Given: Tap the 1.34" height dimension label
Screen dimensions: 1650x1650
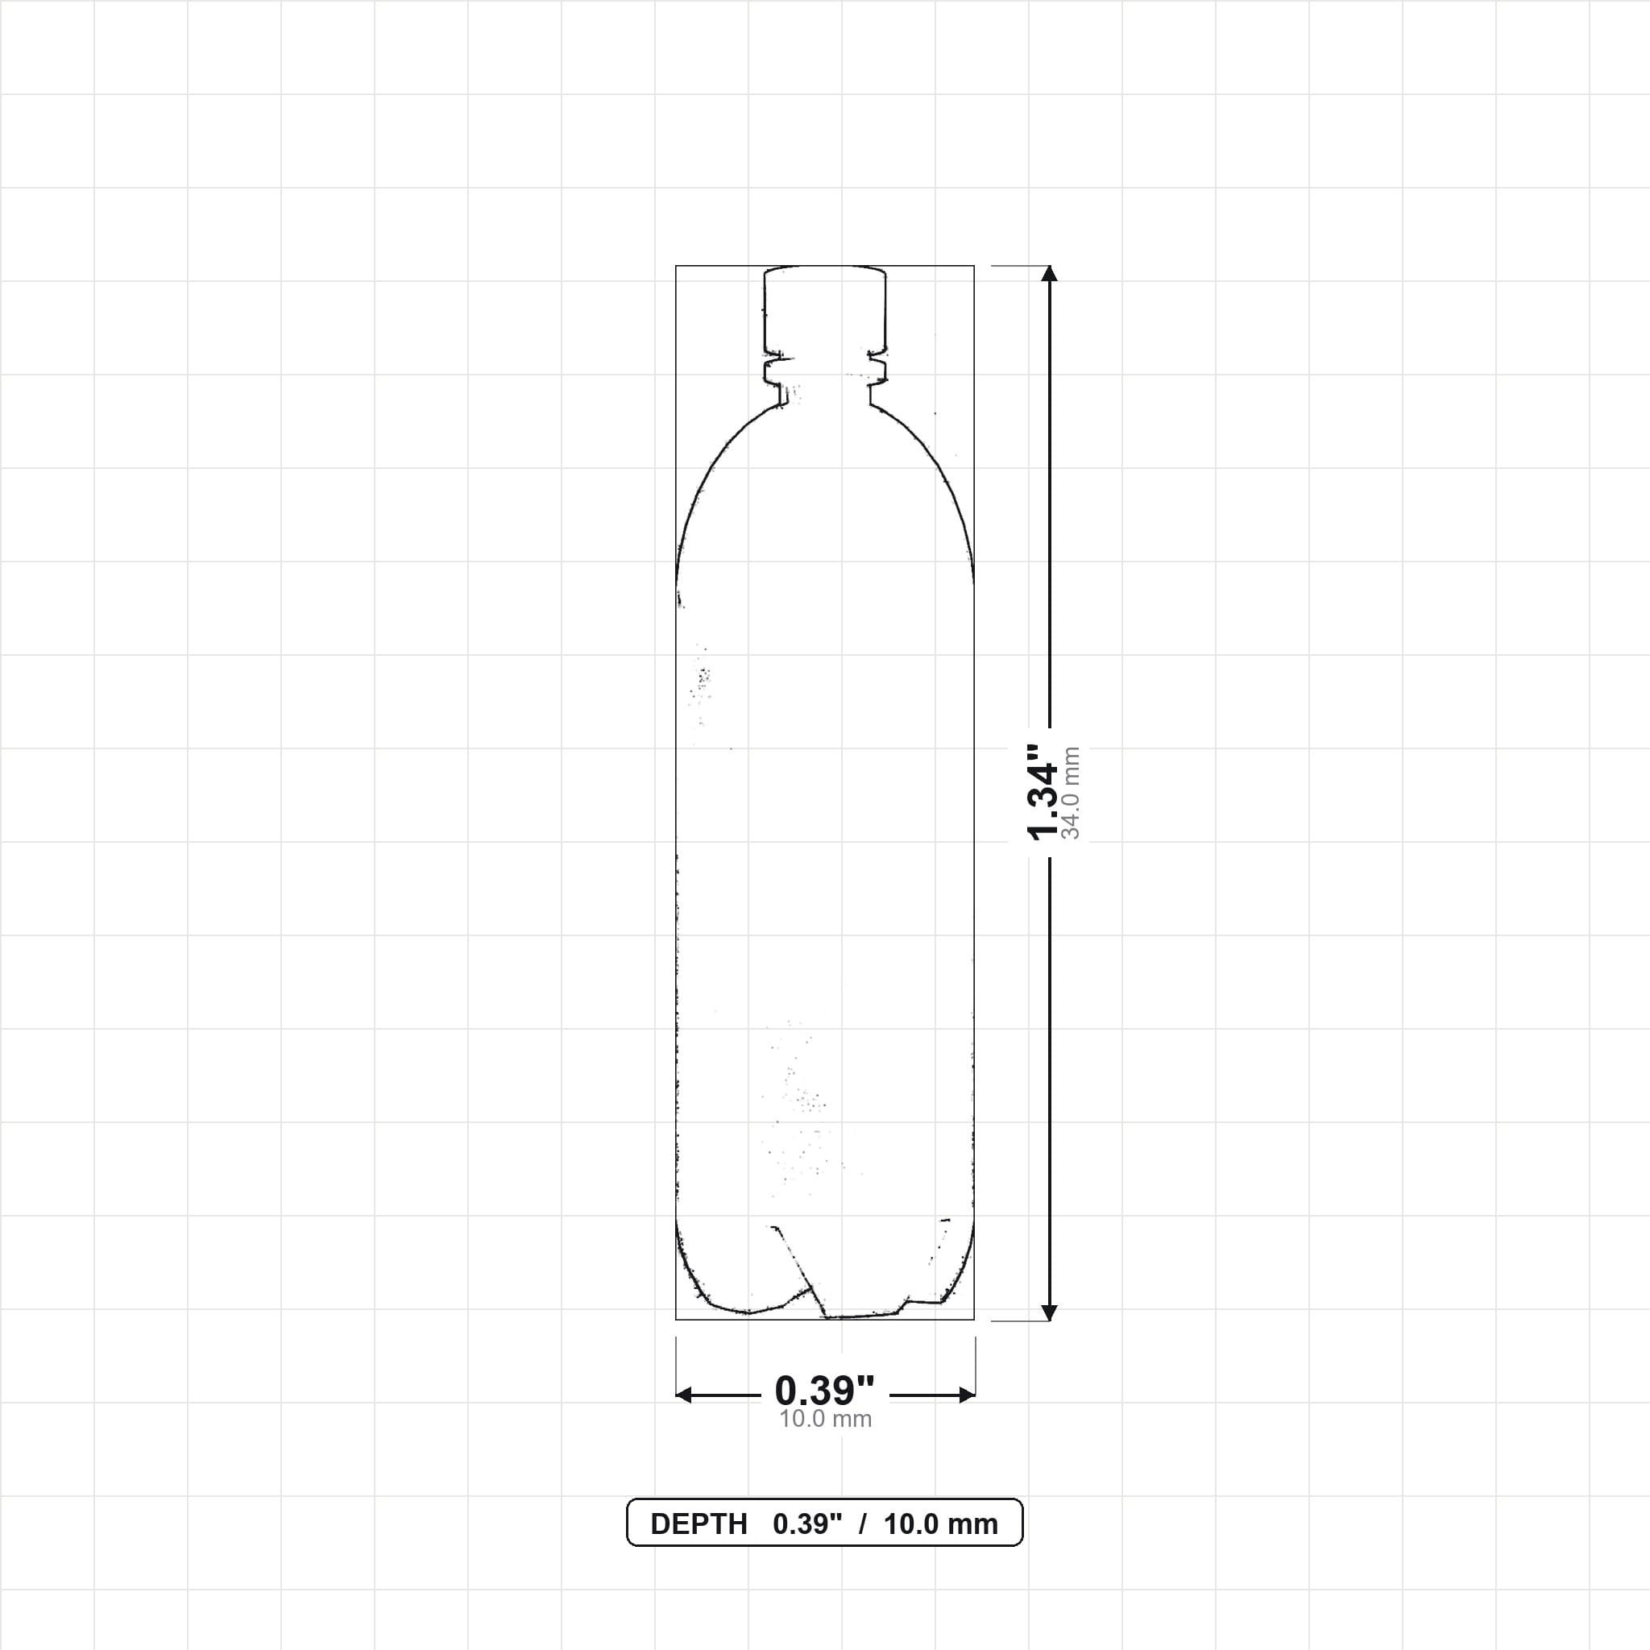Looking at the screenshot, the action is pos(1043,792).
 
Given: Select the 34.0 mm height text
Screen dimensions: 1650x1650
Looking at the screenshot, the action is pos(1071,794).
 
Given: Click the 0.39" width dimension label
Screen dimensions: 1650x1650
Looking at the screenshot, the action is pos(825,1391).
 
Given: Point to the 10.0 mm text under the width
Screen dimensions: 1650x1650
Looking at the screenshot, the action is pos(825,1420).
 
